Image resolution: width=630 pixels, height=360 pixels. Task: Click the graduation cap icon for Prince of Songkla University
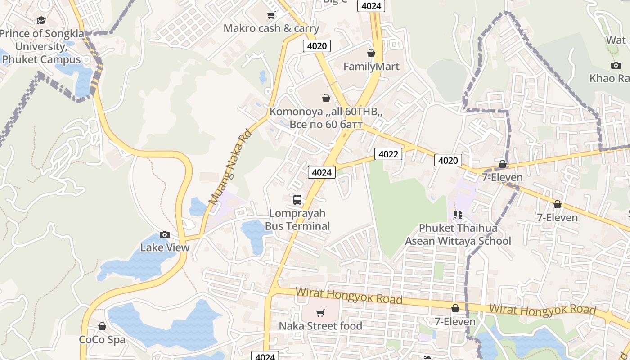click(41, 20)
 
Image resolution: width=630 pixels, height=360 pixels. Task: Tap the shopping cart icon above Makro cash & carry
click(271, 15)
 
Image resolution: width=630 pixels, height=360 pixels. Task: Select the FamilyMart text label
click(371, 67)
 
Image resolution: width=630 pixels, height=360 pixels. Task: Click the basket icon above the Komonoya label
click(326, 98)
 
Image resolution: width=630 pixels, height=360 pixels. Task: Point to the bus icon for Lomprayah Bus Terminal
click(297, 199)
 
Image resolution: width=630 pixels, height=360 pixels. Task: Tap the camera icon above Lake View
click(165, 234)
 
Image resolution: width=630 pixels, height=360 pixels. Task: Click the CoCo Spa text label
click(102, 339)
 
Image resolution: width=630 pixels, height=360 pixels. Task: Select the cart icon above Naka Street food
click(320, 313)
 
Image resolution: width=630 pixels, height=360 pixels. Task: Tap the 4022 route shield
click(388, 154)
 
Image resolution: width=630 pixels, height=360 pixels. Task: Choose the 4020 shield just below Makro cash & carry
click(317, 45)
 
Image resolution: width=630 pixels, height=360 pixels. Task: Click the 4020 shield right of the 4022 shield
click(448, 160)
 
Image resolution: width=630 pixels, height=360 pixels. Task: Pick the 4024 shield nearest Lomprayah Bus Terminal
click(322, 172)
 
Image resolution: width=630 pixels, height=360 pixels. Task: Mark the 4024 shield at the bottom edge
click(265, 356)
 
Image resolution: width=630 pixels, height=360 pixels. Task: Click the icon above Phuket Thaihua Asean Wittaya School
click(458, 215)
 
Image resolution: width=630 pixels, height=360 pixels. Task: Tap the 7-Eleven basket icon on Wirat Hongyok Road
click(455, 308)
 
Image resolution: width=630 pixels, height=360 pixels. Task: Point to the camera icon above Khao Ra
click(616, 65)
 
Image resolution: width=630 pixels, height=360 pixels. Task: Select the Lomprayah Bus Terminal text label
click(297, 220)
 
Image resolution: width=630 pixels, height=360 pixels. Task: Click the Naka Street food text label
click(320, 326)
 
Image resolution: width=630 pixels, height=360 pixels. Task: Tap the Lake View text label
click(165, 247)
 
